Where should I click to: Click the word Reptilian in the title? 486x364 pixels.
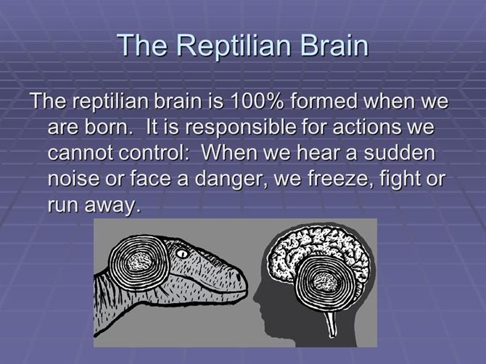[x=234, y=46]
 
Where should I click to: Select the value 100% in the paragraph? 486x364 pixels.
[x=255, y=101]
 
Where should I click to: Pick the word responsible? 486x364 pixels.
[x=240, y=128]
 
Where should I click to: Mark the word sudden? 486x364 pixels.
[x=400, y=152]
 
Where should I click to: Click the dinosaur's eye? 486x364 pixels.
[x=182, y=254]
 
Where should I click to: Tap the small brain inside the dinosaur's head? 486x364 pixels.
[x=140, y=262]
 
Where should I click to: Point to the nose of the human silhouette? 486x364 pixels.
[x=256, y=297]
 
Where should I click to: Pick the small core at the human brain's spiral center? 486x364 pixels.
[x=326, y=282]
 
